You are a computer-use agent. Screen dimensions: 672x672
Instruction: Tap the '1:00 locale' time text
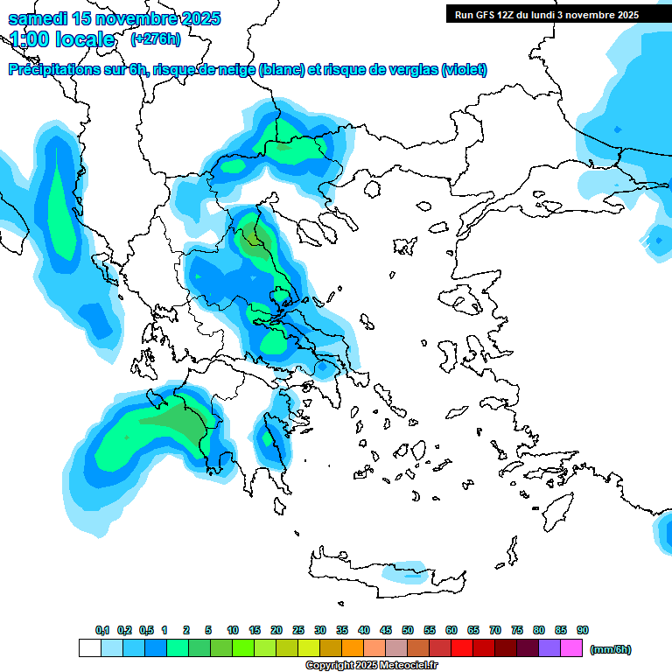point(62,39)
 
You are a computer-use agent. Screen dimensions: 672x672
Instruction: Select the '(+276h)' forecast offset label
point(156,38)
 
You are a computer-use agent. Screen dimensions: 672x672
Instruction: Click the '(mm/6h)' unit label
point(611,649)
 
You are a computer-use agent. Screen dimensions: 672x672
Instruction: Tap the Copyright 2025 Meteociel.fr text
point(372,666)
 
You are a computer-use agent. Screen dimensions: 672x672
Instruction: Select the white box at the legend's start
point(89,648)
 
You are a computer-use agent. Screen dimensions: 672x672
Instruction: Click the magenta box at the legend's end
point(572,648)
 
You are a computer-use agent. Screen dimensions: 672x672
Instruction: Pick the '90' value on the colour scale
point(583,630)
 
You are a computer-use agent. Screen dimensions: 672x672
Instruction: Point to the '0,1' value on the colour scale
point(102,630)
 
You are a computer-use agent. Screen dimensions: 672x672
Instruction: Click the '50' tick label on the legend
point(408,630)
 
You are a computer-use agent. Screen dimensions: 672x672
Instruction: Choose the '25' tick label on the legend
point(298,630)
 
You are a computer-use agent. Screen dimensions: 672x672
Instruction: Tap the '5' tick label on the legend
point(208,630)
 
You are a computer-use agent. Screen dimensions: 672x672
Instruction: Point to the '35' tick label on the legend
point(342,630)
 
